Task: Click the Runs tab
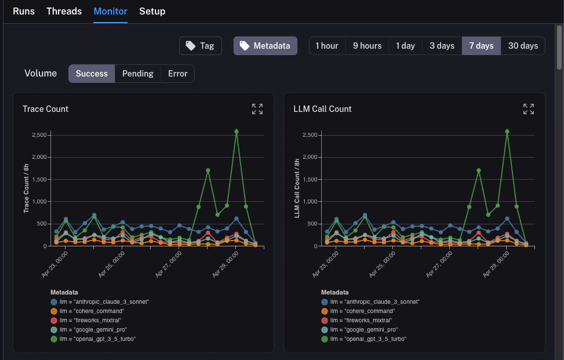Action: click(24, 11)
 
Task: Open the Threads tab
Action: click(64, 11)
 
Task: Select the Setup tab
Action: click(152, 11)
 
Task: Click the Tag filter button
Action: click(201, 46)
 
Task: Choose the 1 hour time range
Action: click(327, 46)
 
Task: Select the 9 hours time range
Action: click(367, 46)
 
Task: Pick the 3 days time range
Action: click(442, 46)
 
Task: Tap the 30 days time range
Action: click(523, 46)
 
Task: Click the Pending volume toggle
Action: click(137, 74)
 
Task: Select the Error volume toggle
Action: click(177, 74)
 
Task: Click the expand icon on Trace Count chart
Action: click(257, 109)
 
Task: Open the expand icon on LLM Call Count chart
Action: click(529, 109)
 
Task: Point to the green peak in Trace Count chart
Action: click(236, 132)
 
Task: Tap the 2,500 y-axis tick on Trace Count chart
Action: click(38, 135)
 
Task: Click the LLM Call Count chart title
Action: click(322, 109)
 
